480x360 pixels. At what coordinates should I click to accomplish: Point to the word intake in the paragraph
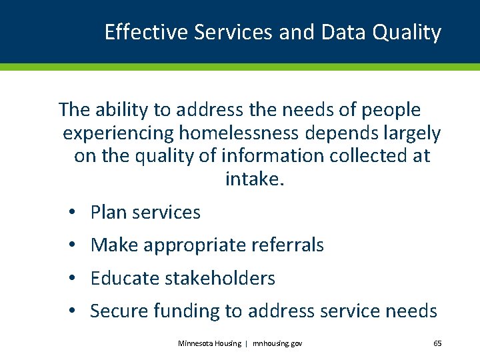pos(253,179)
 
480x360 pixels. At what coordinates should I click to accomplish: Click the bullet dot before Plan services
pos(71,213)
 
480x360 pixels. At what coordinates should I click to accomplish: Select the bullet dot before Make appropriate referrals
pos(71,245)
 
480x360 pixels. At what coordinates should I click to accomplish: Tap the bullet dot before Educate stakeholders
pos(71,278)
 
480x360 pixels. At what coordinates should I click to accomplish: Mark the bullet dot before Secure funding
pos(71,311)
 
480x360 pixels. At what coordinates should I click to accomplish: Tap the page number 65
pos(437,343)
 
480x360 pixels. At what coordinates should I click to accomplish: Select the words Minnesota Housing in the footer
pos(210,343)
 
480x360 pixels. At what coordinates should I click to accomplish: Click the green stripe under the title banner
pos(240,67)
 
